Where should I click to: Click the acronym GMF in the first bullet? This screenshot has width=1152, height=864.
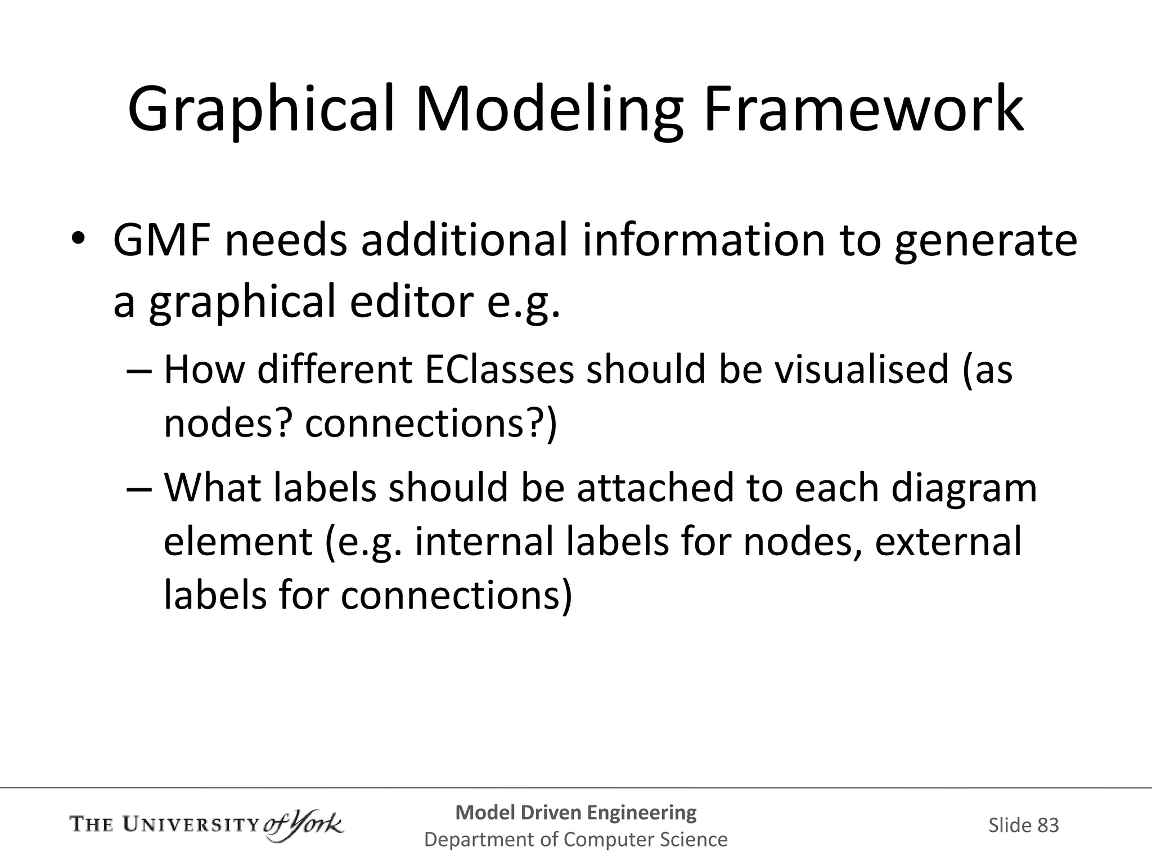(x=162, y=241)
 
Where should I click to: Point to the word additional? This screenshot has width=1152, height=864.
(x=464, y=241)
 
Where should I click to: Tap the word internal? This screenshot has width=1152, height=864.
(x=484, y=541)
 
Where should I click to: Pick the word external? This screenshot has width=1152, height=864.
(x=948, y=541)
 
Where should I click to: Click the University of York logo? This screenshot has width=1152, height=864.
(x=206, y=826)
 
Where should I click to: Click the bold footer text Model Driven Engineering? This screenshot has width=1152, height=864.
(x=576, y=812)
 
